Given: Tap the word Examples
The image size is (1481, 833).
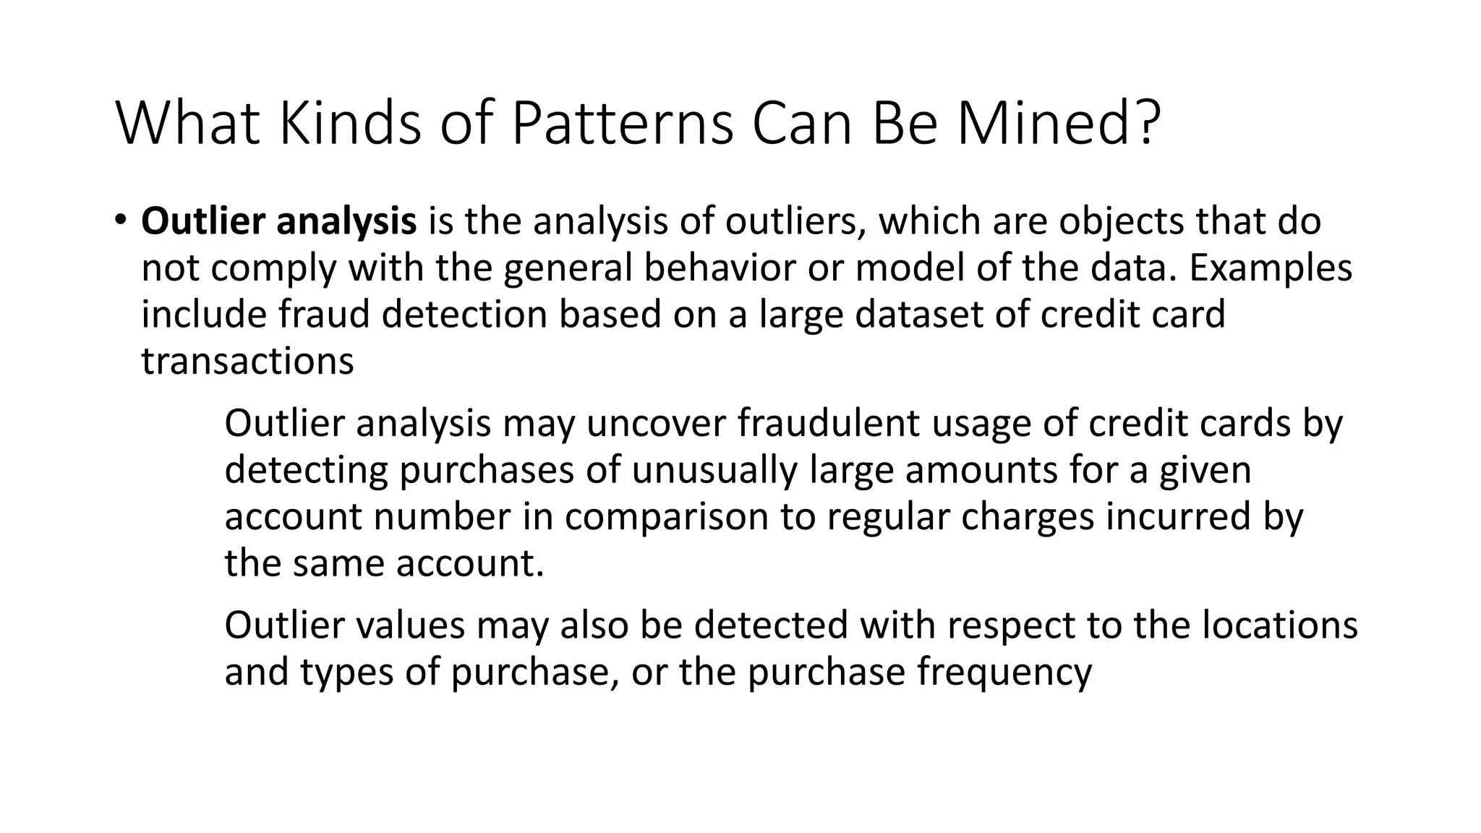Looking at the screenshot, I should click(1270, 269).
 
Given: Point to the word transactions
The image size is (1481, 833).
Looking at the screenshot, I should click(247, 362).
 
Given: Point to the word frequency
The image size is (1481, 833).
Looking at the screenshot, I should click(1004, 673).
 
